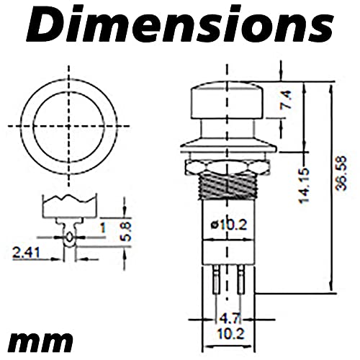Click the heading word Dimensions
point(180,25)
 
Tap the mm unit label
point(40,341)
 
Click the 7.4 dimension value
point(287,100)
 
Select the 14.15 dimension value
point(303,186)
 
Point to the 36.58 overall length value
point(341,173)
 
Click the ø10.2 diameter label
point(228,225)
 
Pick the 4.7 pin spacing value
point(230,319)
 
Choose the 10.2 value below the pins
point(230,334)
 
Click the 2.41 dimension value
point(26,253)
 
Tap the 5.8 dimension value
point(125,231)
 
